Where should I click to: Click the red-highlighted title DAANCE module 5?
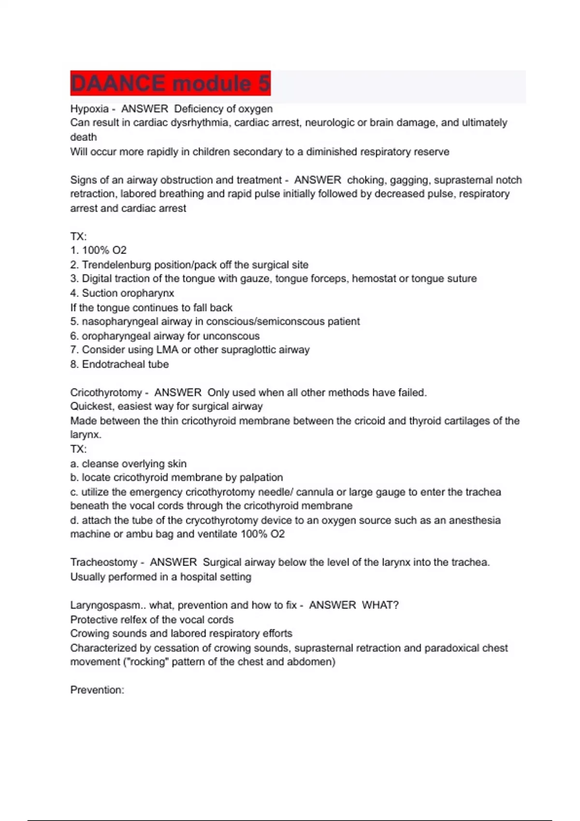170,84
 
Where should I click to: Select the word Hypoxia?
89,109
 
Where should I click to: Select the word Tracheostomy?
104,563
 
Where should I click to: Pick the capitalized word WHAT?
380,606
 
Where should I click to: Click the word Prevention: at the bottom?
97,690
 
